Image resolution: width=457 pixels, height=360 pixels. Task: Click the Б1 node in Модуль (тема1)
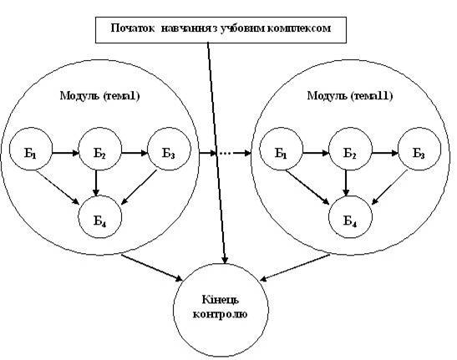(x=31, y=149)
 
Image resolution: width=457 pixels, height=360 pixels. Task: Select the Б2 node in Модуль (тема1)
(x=100, y=149)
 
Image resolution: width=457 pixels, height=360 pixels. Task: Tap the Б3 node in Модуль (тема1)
(x=170, y=149)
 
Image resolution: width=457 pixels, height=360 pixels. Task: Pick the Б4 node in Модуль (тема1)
(x=100, y=217)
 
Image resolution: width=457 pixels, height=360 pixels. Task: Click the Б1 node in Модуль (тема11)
(x=282, y=149)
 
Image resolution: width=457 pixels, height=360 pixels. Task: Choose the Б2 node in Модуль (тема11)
(x=350, y=149)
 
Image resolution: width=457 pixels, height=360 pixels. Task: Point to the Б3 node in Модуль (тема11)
(x=419, y=149)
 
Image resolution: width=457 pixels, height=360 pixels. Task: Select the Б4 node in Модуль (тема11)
(x=350, y=217)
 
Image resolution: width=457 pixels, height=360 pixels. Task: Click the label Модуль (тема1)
(x=100, y=95)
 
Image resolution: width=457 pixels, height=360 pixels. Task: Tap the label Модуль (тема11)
(x=350, y=95)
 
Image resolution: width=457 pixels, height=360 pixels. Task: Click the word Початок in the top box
(x=133, y=28)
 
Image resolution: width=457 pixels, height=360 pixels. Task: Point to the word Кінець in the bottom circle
(x=221, y=299)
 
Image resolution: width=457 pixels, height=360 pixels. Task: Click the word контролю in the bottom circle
(x=221, y=314)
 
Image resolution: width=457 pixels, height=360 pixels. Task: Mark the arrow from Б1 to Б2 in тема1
(x=65, y=153)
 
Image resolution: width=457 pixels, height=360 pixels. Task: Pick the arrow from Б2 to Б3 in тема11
(x=385, y=153)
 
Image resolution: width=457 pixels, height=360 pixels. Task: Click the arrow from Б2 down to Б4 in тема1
(x=96, y=183)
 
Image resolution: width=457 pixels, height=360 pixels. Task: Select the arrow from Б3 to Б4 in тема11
(x=389, y=187)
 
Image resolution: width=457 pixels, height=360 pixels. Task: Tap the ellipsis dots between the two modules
(x=226, y=153)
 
